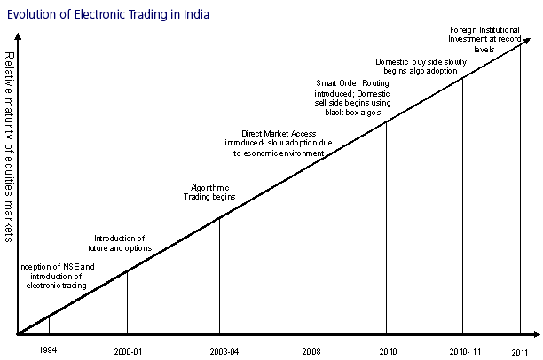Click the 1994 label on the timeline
49,350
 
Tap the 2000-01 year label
128,351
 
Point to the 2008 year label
311,351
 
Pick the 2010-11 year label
462,351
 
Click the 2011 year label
520,352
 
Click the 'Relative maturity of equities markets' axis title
9,146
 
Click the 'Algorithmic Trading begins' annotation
211,192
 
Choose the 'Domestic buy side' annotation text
417,66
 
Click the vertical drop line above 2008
311,248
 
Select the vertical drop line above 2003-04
219,275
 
